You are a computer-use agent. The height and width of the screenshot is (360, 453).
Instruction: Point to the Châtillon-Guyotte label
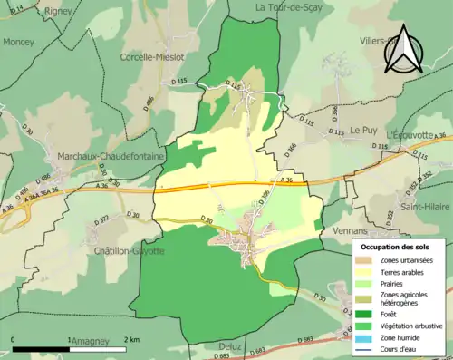pyautogui.click(x=129, y=250)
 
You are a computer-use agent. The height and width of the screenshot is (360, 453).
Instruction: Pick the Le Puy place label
pyautogui.click(x=363, y=130)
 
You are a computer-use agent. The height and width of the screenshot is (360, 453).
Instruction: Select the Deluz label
pyautogui.click(x=229, y=345)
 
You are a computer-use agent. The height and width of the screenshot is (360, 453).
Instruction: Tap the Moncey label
pyautogui.click(x=18, y=42)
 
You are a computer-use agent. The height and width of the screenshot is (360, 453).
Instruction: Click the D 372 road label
pyautogui.click(x=101, y=219)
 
